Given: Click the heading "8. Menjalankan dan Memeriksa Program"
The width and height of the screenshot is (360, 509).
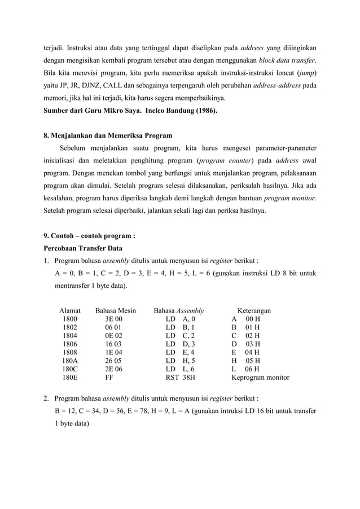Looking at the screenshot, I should point(108,135).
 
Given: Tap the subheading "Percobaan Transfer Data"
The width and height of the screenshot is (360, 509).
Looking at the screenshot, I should point(82,248).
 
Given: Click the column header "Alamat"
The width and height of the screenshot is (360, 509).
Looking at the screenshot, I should point(70,310).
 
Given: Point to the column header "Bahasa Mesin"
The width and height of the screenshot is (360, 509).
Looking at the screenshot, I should point(116,310).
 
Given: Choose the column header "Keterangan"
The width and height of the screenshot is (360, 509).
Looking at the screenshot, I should point(253,310).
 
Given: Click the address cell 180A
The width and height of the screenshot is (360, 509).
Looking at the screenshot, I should point(70,359).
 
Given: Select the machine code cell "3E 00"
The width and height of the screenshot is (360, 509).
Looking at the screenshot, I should point(113,319).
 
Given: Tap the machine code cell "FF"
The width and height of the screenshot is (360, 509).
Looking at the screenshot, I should point(109,378).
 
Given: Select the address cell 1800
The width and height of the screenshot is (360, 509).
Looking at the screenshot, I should point(70,319).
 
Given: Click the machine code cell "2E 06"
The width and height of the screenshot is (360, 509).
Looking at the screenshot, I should point(113,369).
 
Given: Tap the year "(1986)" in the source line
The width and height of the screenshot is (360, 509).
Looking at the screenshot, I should point(203,111).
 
